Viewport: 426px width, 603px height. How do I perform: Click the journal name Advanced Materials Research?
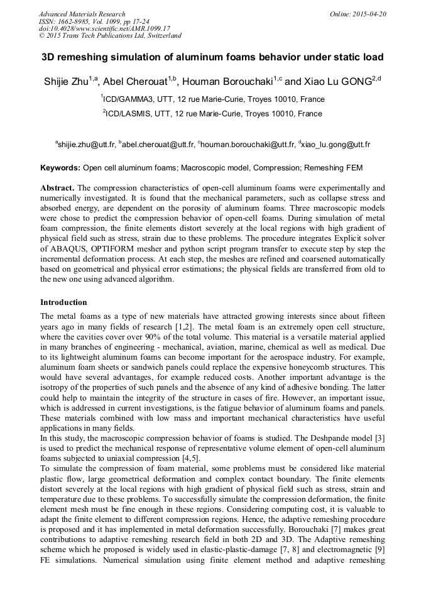coord(82,14)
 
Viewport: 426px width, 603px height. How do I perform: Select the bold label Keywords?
coord(60,168)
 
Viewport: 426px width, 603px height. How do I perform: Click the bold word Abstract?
coord(57,188)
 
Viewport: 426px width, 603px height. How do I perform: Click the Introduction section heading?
coord(63,302)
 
